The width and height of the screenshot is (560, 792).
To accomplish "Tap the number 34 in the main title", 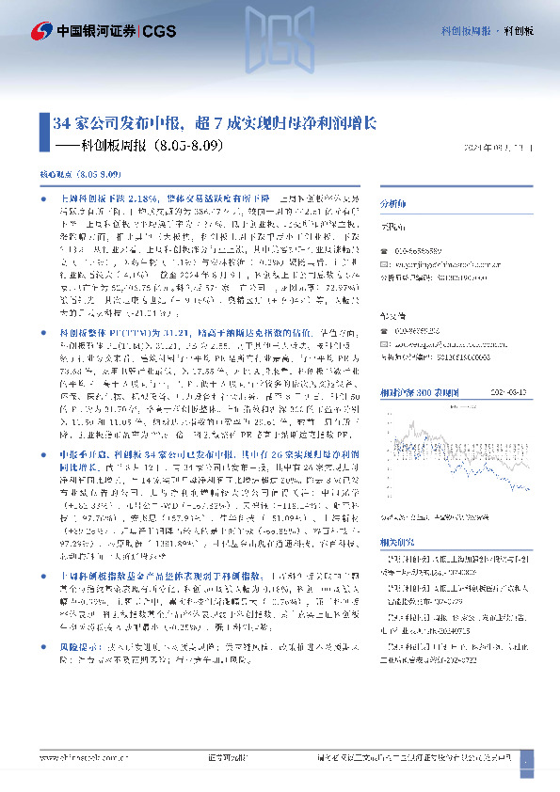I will (61, 123).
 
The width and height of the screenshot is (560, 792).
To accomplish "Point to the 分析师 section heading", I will (393, 202).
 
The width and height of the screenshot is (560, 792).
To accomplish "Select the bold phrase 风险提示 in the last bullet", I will (77, 649).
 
